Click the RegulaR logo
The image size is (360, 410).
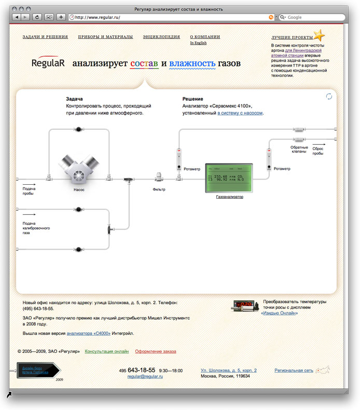[48, 63]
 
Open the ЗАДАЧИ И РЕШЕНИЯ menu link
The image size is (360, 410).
[45, 37]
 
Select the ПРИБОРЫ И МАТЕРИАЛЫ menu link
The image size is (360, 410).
[105, 37]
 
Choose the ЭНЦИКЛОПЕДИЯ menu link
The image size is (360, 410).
[161, 37]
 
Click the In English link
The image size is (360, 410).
[198, 43]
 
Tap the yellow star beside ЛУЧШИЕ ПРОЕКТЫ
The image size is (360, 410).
[320, 36]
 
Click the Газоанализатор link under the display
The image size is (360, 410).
[229, 197]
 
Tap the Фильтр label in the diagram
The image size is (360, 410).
[159, 189]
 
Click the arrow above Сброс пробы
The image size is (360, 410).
[319, 145]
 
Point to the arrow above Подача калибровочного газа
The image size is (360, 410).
[29, 214]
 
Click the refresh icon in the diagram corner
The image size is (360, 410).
[328, 96]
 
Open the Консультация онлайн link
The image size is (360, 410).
[106, 351]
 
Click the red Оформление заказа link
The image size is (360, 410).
[155, 351]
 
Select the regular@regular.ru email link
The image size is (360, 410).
[145, 376]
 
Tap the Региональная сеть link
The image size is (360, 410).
[294, 371]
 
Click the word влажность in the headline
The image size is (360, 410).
[191, 64]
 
